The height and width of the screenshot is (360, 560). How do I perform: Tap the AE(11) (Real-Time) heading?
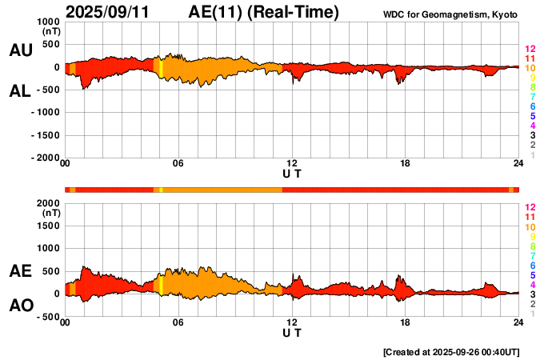(263, 12)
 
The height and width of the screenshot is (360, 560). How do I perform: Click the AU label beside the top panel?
(20, 50)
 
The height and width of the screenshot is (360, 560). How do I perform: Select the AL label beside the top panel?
(20, 91)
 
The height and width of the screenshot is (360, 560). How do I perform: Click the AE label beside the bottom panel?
(20, 271)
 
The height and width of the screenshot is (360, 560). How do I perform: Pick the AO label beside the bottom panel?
(20, 306)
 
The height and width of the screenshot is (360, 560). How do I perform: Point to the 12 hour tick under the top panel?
(292, 164)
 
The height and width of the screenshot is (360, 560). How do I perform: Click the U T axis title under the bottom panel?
(292, 332)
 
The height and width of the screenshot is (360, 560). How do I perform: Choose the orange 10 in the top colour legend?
(530, 69)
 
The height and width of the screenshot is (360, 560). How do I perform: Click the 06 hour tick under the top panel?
(178, 164)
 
